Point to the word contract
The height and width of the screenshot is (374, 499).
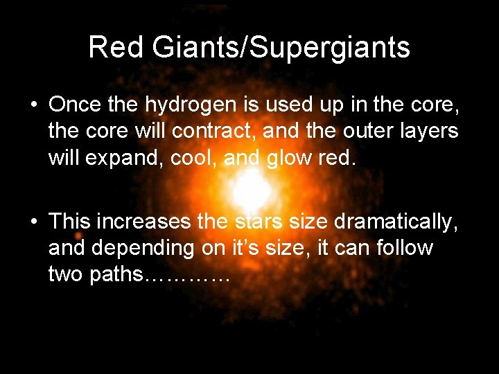point(225,130)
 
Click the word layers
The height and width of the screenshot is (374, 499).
point(432,130)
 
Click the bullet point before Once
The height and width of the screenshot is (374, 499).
point(33,105)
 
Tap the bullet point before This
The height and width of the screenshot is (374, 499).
point(33,222)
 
